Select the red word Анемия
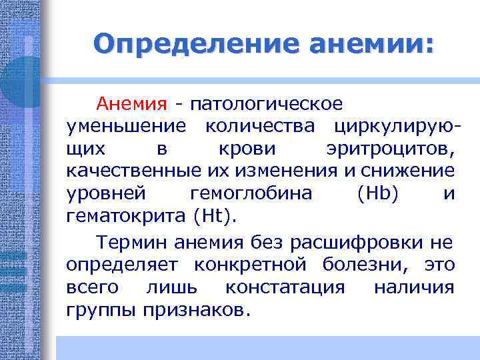tap(131, 104)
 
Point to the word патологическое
tap(267, 104)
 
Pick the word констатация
tap(285, 287)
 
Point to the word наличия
tap(414, 287)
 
